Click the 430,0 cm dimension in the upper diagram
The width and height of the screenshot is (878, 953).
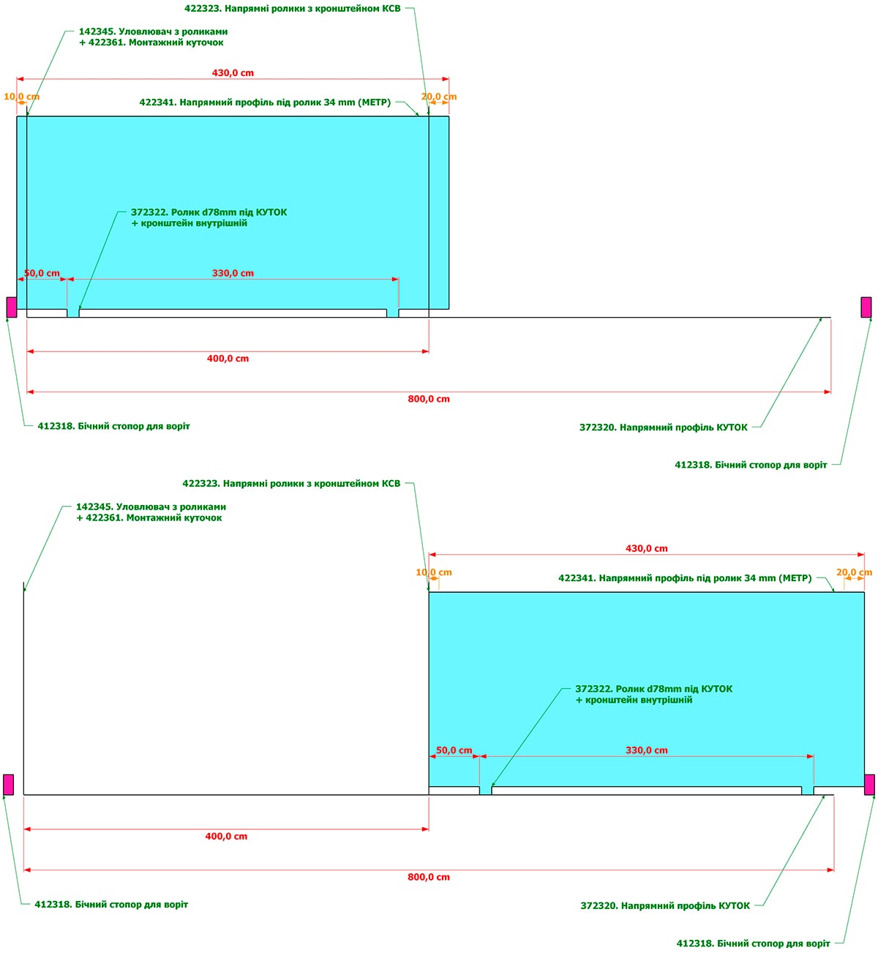click(x=233, y=73)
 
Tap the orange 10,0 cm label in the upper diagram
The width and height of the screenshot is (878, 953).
click(x=21, y=97)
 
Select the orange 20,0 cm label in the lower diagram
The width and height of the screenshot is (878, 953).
click(x=854, y=572)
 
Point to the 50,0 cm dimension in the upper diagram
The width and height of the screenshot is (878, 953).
click(x=42, y=273)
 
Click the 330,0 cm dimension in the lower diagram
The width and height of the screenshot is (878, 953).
click(x=647, y=750)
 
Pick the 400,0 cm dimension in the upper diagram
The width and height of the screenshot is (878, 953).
click(x=228, y=359)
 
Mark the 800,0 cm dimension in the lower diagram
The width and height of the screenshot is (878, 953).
click(x=429, y=877)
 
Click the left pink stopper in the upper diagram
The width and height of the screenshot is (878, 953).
click(x=11, y=307)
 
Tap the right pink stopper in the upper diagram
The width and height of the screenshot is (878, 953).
click(x=866, y=307)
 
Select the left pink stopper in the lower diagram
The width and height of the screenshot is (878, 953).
click(x=8, y=784)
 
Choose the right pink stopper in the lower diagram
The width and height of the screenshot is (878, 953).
click(x=869, y=784)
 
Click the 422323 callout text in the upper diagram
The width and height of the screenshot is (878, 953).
click(x=293, y=9)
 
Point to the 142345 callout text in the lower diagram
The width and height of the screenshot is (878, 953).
click(x=151, y=512)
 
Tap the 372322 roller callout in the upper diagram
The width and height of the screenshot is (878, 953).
click(x=209, y=217)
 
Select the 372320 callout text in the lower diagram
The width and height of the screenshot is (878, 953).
click(x=665, y=906)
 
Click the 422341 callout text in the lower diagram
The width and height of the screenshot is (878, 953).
click(x=685, y=578)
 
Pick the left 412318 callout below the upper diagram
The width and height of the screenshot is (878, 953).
click(x=113, y=426)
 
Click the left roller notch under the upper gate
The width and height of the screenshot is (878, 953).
click(x=73, y=313)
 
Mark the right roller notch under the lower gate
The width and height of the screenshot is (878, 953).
click(x=808, y=791)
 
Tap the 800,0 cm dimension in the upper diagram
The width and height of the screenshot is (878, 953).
click(x=429, y=399)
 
